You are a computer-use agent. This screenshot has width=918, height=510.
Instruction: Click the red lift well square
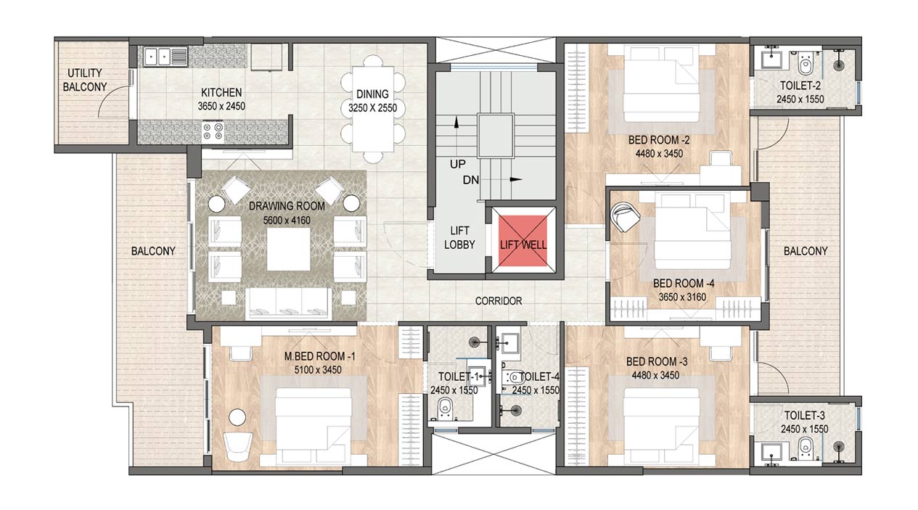coord(522,241)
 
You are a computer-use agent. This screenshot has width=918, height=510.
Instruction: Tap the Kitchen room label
coord(221,93)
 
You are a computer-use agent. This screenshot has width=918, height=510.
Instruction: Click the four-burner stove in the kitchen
coord(213,131)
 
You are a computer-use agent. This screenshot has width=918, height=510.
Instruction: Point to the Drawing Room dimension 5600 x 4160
coord(287,221)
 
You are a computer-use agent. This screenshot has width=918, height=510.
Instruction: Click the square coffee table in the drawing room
coord(289,249)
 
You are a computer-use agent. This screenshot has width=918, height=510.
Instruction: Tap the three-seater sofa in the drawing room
coord(289,303)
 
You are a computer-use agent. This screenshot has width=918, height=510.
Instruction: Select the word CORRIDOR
coord(499,301)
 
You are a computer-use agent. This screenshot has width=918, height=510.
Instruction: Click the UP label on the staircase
coord(457,164)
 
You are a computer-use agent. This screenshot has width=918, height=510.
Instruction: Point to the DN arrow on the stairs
coord(515,179)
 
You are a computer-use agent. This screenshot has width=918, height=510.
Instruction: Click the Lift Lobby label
coord(459,238)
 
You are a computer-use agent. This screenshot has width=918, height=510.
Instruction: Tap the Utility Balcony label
coord(84,80)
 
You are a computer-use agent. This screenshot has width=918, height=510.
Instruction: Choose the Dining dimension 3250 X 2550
coord(372,108)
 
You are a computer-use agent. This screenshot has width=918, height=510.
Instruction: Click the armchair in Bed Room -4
coord(625,218)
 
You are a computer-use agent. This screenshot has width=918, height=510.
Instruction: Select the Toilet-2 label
coord(800,86)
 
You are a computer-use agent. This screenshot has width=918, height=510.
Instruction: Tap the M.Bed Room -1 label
coord(319,357)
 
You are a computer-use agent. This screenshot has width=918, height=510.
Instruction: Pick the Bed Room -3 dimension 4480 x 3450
coord(655,375)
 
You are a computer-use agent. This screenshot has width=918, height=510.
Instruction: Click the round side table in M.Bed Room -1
coord(237,417)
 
